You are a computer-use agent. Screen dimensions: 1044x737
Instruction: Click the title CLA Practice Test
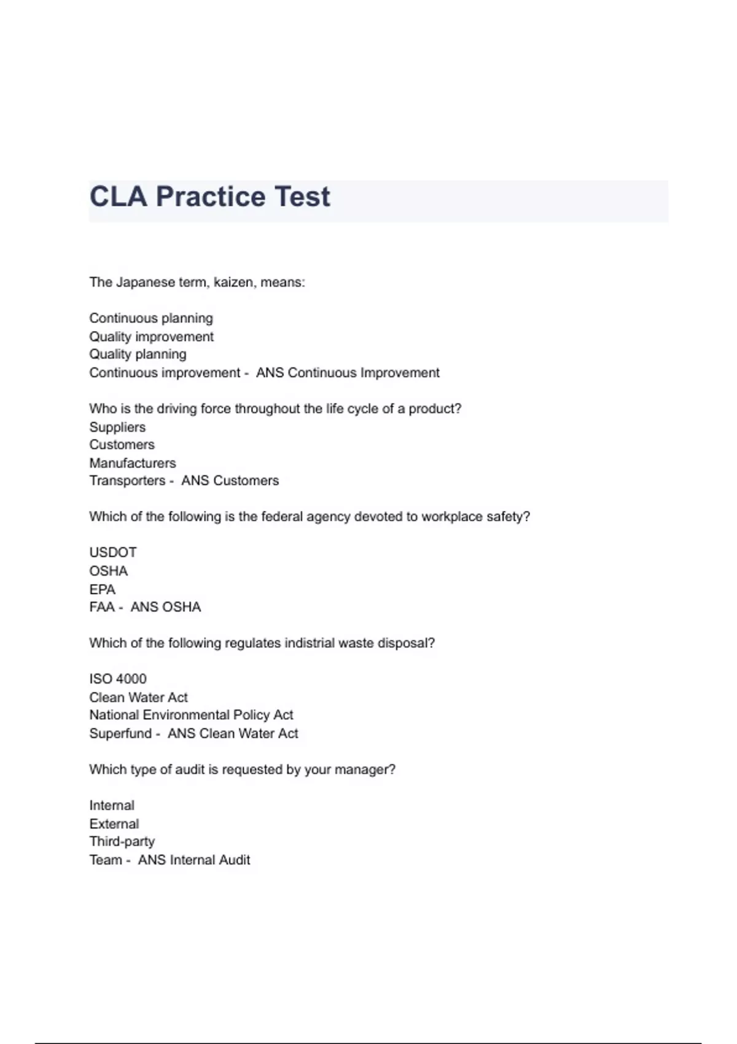click(x=209, y=197)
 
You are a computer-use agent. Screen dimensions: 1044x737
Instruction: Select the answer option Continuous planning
click(x=151, y=318)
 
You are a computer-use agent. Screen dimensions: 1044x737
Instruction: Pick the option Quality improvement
click(x=151, y=337)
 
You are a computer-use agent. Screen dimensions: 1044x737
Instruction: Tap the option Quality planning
click(x=138, y=354)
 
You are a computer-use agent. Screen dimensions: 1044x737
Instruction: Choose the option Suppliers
click(x=117, y=427)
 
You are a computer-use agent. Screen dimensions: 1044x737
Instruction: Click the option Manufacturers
click(x=133, y=463)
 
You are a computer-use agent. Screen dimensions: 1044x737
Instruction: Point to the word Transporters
click(x=127, y=481)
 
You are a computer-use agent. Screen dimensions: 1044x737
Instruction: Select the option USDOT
click(x=113, y=553)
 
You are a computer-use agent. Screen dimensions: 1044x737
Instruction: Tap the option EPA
click(x=102, y=590)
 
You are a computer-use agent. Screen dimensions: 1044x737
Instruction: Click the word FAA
click(x=102, y=607)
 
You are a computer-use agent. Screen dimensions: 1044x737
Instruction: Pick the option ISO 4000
click(x=118, y=679)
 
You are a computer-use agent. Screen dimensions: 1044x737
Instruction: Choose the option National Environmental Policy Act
click(x=191, y=715)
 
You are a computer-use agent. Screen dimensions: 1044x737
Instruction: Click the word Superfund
click(x=120, y=733)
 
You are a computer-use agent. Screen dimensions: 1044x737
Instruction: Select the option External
click(x=114, y=824)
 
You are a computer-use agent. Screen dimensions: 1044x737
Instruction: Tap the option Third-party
click(x=122, y=841)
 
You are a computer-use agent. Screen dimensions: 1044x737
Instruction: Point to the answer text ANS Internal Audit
click(x=194, y=860)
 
